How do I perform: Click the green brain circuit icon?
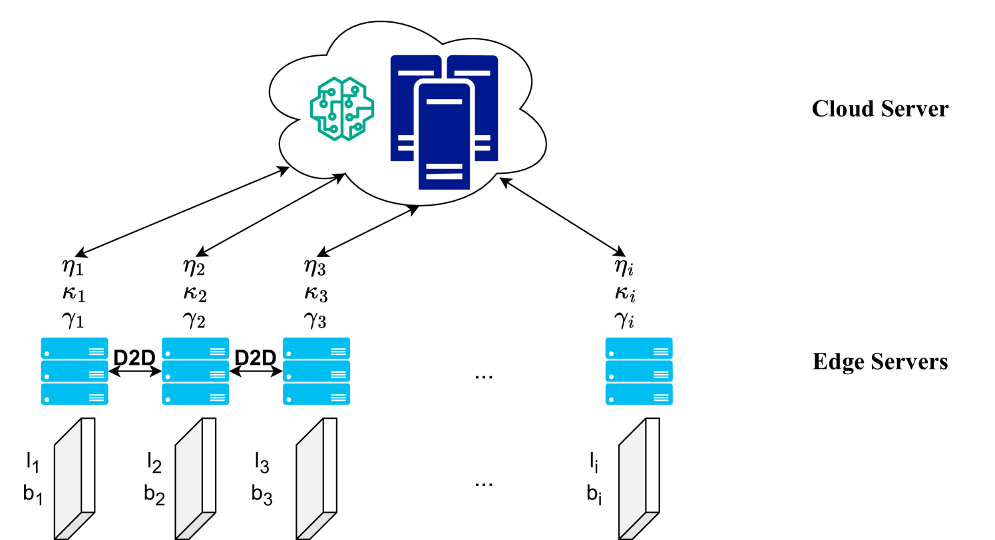coord(341,109)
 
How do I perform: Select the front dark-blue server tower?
coord(444,136)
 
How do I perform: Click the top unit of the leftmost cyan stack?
coord(75,348)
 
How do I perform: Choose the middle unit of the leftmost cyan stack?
coord(75,371)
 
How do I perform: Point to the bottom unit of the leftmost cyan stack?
coord(75,394)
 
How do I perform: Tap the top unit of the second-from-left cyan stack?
coord(196,348)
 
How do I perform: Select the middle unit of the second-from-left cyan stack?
coord(196,371)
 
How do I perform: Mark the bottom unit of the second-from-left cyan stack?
coord(196,394)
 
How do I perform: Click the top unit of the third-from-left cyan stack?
coord(316,348)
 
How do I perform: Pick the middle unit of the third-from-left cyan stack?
coord(316,371)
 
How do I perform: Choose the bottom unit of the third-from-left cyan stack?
coord(316,394)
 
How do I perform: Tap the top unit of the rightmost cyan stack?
coord(639,348)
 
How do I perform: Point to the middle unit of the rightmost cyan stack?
coord(639,371)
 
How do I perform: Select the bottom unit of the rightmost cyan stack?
coord(639,394)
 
